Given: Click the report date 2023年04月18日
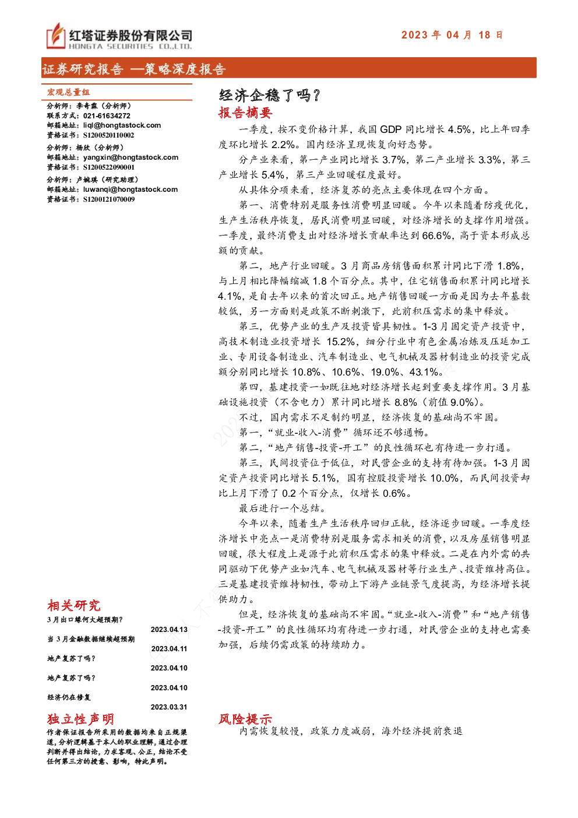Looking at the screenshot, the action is point(452,35).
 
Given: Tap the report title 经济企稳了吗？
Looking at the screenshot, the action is point(270,95).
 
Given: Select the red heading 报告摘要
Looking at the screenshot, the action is point(245,113).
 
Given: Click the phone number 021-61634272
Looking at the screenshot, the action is point(107,116).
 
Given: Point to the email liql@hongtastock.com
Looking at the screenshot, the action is point(122,125).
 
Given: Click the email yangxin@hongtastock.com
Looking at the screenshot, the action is point(131,157).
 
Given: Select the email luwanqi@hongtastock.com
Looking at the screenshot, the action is point(131,189).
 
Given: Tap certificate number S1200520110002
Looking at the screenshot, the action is point(109,135).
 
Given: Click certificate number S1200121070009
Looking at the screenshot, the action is point(109,199).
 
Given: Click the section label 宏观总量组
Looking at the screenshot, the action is point(69,92).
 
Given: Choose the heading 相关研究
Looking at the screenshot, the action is point(74,605).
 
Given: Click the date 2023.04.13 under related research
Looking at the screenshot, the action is point(169,630).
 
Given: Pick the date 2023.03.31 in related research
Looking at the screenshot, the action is point(169,707).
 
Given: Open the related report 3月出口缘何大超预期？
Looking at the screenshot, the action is point(85,620).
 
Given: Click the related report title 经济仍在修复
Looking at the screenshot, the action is point(69,697).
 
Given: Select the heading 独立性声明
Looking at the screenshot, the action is point(80,719).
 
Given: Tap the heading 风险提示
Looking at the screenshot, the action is point(245,719).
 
